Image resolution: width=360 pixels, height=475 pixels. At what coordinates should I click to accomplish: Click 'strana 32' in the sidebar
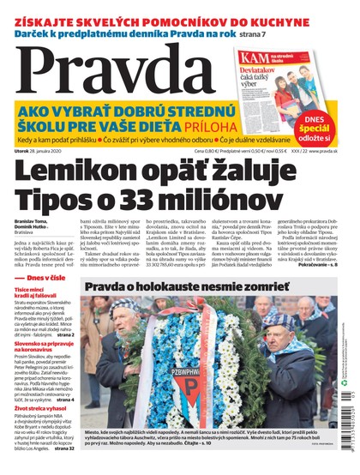coord(77,448)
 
